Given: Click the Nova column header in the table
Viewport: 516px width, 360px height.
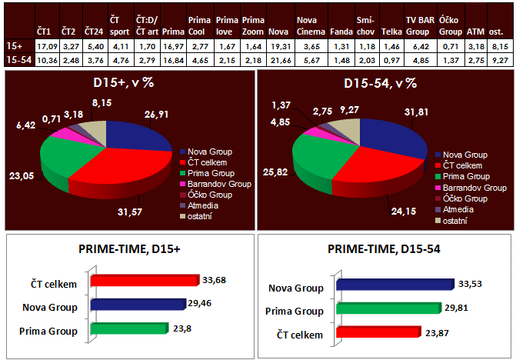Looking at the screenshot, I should coord(278,33).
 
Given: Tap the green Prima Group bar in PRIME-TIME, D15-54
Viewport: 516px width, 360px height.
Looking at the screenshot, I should coord(391,308).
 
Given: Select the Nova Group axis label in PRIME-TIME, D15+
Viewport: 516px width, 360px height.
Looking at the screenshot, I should coord(52,308).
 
